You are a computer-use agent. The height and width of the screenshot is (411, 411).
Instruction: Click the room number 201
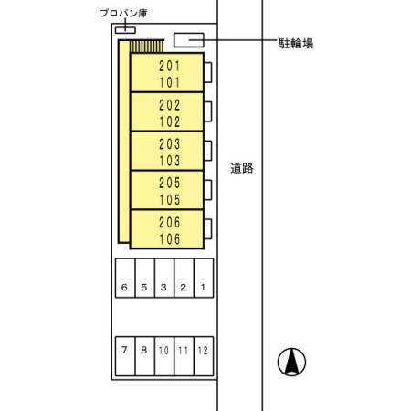click(170, 66)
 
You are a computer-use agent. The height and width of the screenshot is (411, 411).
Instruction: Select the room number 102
click(170, 121)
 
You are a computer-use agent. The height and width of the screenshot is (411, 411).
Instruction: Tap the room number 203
click(170, 144)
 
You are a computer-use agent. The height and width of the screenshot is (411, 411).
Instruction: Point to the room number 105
click(170, 200)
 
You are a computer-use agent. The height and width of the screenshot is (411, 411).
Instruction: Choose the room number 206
click(170, 223)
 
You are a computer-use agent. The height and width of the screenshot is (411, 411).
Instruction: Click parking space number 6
click(124, 287)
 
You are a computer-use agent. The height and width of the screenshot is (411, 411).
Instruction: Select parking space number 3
click(163, 287)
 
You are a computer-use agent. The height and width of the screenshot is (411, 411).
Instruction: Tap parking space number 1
click(203, 287)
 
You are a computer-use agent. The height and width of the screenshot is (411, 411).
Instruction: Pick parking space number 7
click(124, 350)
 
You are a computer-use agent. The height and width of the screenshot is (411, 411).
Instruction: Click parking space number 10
click(163, 351)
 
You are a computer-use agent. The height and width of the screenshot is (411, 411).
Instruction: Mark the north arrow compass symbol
click(291, 362)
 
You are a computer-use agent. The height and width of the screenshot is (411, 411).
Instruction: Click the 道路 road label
click(242, 168)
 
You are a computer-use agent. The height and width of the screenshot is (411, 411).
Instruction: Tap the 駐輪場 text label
click(296, 43)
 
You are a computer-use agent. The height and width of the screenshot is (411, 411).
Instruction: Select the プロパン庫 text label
click(124, 13)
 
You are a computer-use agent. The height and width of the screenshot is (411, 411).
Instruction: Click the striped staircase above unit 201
click(147, 47)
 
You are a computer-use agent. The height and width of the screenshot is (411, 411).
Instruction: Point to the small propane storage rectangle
click(125, 30)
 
